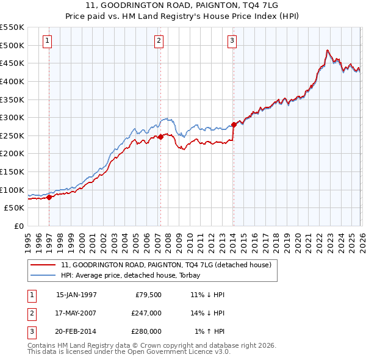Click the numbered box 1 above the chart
tap(48, 41)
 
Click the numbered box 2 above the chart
tap(159, 41)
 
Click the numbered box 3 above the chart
tap(232, 41)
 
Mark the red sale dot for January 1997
tap(49, 197)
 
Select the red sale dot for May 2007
tap(160, 137)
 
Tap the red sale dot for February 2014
tap(234, 125)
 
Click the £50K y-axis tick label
tap(14, 208)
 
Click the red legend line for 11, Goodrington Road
tap(44, 265)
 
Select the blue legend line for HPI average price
tap(44, 275)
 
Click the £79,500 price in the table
tap(146, 294)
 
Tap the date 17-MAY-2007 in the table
tap(76, 312)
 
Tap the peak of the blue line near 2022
tap(328, 50)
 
